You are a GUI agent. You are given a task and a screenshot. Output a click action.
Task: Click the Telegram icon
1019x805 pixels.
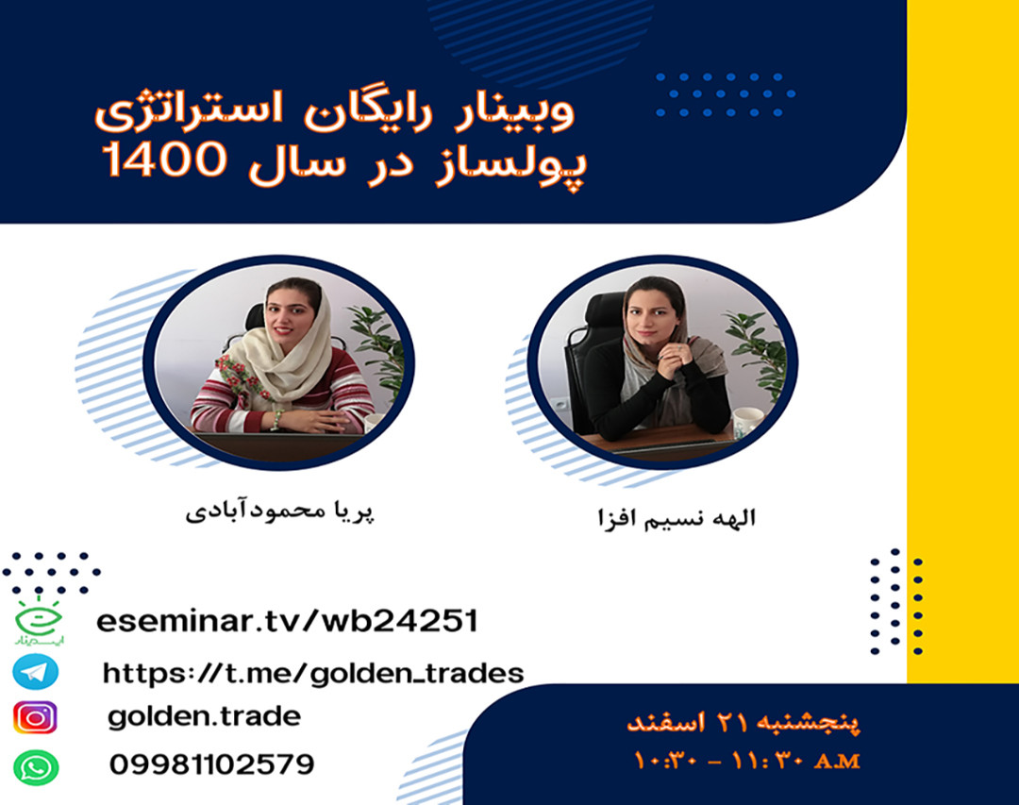(36, 672)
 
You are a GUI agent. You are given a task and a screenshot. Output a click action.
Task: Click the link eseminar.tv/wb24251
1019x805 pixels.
(287, 622)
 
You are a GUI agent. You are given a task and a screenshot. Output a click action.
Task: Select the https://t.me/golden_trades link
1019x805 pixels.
(312, 673)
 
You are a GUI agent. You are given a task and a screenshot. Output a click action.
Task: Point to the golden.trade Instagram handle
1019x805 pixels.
(204, 717)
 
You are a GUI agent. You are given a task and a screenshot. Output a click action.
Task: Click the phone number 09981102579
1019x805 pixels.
(211, 763)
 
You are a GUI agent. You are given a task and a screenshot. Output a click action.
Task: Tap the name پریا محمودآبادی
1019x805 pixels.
(280, 513)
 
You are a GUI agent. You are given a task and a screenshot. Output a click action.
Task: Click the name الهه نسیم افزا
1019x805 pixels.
(672, 518)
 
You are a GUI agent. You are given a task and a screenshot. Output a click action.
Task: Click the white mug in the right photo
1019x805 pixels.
(744, 422)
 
